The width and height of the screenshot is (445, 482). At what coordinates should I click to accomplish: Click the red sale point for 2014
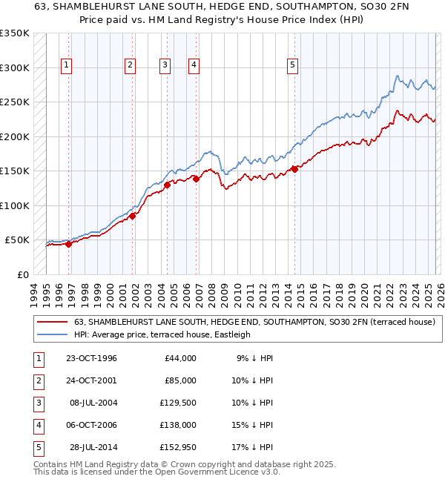pos(294,169)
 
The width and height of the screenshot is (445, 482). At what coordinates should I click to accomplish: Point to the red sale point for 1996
pos(68,244)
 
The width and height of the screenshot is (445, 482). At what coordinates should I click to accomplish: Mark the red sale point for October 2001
pos(132,217)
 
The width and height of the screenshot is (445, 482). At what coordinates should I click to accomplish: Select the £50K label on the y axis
pos(17,240)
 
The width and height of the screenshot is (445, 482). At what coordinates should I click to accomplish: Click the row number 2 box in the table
pos(37,380)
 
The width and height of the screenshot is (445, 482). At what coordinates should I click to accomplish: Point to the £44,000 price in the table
pos(180,358)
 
